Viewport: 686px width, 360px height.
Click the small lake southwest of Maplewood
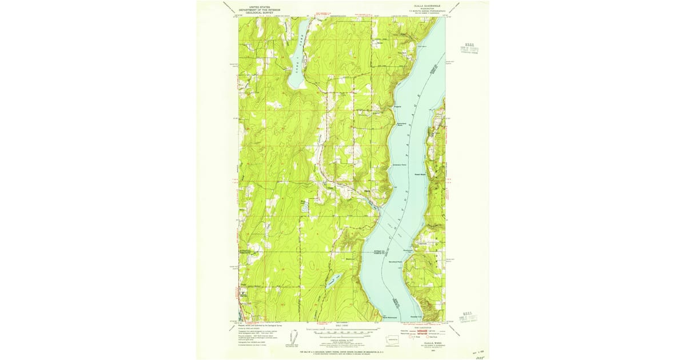coord(333,279)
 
